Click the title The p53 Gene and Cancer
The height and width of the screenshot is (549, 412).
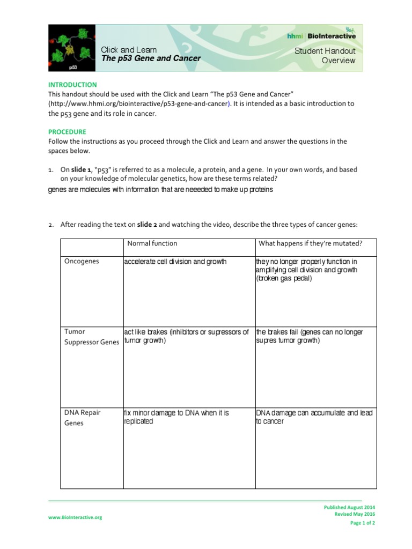pos(151,58)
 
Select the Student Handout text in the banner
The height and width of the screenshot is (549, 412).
pos(325,51)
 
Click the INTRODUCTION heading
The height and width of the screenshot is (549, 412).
pos(72,85)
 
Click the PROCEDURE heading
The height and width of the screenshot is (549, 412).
pos(67,131)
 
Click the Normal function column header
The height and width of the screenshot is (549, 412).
pos(152,243)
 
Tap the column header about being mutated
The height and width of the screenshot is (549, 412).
pos(311,243)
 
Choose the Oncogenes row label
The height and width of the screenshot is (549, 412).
pos(82,261)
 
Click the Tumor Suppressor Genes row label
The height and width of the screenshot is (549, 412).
pos(91,337)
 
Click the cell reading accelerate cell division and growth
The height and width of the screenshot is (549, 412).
pos(175,262)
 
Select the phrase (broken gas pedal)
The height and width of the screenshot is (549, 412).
pos(283,279)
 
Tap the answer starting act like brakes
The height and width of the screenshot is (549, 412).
pos(186,336)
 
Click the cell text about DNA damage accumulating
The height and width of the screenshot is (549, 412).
pos(314,417)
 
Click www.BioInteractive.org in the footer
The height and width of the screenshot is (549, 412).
pos(75,517)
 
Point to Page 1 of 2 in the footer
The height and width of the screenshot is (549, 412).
pos(363,523)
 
